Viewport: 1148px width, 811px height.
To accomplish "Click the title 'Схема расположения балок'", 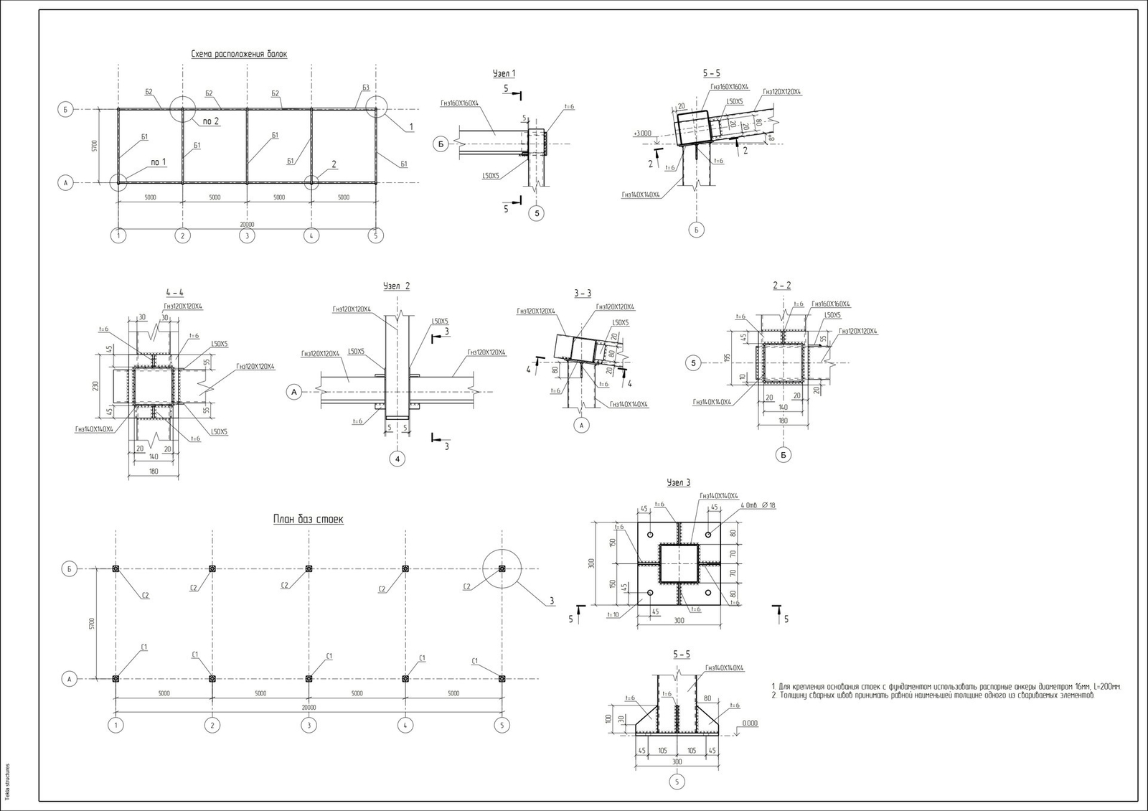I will tap(239, 54).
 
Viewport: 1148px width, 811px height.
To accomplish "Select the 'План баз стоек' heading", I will tap(308, 519).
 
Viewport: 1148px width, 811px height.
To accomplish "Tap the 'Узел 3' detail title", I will tap(678, 483).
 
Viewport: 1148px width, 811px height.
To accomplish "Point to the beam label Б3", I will tap(366, 88).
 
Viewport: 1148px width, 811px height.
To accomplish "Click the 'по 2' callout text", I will tap(211, 121).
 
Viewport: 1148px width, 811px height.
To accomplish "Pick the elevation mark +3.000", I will tap(642, 133).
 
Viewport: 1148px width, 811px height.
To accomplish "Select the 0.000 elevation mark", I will tap(749, 723).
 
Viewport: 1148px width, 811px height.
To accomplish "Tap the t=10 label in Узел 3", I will tap(612, 614).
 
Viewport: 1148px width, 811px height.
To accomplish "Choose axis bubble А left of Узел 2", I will tap(293, 392).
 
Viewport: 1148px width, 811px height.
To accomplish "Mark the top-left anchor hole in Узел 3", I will tap(649, 535).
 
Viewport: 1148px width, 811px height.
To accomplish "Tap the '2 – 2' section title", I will tap(781, 286).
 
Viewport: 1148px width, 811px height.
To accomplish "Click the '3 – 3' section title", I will tap(583, 293).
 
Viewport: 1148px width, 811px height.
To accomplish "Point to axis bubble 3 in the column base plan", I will tap(309, 726).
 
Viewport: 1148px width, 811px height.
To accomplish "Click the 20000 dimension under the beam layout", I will tap(247, 225).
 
